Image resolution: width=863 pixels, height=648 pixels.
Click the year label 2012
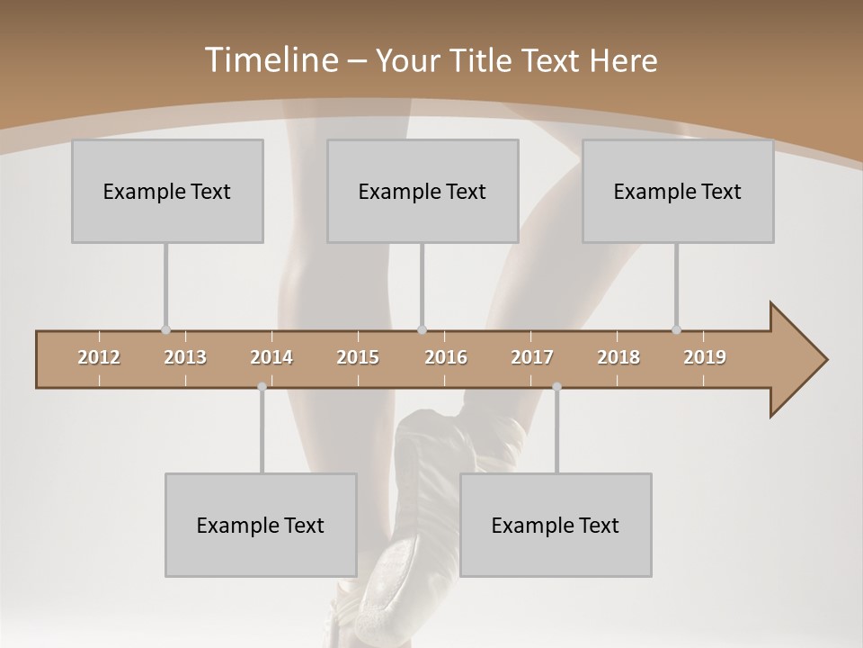[99, 357]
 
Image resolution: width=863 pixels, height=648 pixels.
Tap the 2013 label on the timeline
[185, 357]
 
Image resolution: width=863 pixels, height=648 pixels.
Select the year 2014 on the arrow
[271, 357]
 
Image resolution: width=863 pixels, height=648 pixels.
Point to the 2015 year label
[358, 357]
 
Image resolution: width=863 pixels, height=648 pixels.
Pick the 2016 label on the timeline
[446, 357]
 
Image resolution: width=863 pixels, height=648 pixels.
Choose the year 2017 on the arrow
[532, 357]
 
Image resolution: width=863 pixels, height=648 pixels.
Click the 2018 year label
[618, 357]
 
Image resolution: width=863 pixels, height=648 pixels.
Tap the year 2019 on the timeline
[705, 357]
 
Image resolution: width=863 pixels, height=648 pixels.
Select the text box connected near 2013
[167, 191]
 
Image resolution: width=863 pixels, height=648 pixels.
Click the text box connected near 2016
[423, 191]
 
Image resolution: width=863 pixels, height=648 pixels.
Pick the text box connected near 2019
[678, 191]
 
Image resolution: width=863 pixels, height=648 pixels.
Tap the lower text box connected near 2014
[261, 525]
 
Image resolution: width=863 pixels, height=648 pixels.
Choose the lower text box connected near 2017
[556, 525]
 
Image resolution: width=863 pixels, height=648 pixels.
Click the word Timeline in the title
[270, 60]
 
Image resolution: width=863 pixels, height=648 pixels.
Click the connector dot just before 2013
[165, 330]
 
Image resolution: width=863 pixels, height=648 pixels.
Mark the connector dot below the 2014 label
[262, 387]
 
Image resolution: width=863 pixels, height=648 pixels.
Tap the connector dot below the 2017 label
[556, 387]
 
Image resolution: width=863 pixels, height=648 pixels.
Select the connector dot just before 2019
[676, 330]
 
